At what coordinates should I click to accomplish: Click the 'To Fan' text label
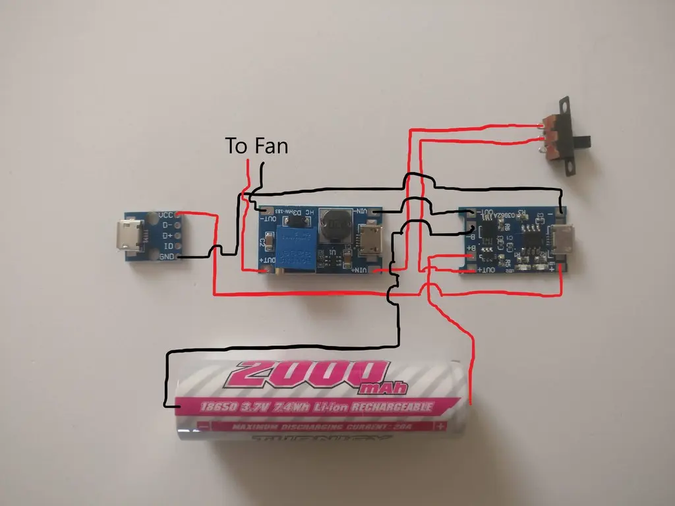(256, 146)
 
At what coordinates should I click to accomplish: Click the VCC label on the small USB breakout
(166, 215)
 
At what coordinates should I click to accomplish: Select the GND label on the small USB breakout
(166, 256)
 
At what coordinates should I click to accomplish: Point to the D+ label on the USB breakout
(167, 235)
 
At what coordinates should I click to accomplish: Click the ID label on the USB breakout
(168, 246)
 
